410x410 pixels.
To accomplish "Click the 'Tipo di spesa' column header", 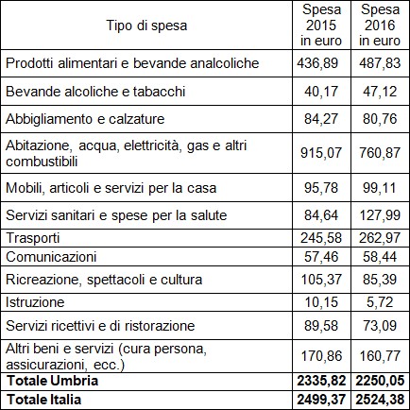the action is pos(146,26).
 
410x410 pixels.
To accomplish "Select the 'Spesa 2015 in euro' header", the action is pos(321,26).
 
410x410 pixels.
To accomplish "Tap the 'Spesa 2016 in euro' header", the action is pos(380,26).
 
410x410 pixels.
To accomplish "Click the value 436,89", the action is pos(317,63).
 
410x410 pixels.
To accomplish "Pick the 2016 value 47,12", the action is pos(380,92).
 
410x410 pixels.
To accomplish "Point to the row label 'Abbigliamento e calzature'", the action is pos(85,119).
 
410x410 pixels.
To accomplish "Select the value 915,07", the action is pos(321,153).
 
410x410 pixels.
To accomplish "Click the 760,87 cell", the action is pos(380,153).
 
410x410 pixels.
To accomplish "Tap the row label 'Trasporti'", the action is pos(33,238).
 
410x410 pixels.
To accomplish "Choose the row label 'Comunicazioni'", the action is pos(51,257).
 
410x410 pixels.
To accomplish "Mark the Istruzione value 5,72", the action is pos(380,302).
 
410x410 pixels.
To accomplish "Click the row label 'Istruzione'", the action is pos(35,302).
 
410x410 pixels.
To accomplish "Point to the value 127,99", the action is pos(380,215).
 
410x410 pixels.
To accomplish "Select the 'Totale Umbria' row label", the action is pos(53,381).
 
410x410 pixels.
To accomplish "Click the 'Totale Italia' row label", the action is pos(44,400).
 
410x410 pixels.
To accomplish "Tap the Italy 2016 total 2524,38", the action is pos(380,400).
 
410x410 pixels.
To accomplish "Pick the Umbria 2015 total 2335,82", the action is pos(321,381).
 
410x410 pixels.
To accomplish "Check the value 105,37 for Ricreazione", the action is pos(321,280).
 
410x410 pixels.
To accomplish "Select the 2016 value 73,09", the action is pos(380,326).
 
